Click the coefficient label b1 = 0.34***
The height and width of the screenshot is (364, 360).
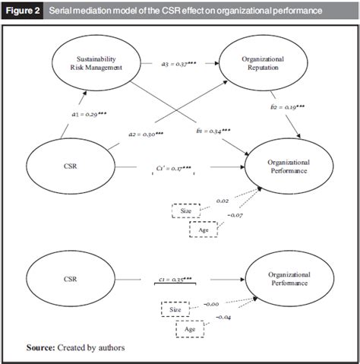pyautogui.click(x=213, y=131)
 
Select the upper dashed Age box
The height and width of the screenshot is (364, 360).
pyautogui.click(x=204, y=229)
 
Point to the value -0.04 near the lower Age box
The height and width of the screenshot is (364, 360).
pyautogui.click(x=226, y=317)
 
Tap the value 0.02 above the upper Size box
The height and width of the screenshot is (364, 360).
pyautogui.click(x=223, y=201)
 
